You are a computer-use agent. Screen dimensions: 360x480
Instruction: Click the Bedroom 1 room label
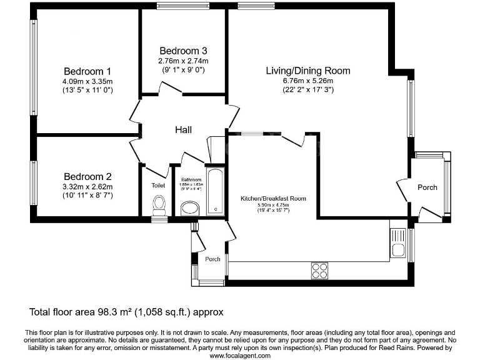click(87, 71)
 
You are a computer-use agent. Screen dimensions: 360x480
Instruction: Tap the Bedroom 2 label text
click(87, 176)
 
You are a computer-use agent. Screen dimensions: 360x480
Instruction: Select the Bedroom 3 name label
click(183, 51)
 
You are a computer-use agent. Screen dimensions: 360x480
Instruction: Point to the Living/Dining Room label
click(307, 71)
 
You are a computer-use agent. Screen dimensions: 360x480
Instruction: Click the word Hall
click(183, 129)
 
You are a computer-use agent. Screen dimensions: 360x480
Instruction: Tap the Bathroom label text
click(191, 179)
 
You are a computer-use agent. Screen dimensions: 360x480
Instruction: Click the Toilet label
click(158, 186)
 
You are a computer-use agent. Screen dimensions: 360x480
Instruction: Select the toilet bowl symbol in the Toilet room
click(159, 204)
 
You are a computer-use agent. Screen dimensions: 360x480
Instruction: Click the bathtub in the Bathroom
click(216, 192)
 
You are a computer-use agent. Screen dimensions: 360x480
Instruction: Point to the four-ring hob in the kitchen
click(319, 270)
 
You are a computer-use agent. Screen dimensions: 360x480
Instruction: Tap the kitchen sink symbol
click(397, 244)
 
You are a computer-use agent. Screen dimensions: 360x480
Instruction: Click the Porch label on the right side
click(427, 187)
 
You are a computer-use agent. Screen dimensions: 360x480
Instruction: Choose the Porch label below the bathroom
click(212, 259)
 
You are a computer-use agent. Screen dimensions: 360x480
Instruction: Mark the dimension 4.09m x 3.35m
click(87, 81)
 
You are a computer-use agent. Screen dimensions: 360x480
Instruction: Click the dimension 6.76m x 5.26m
click(307, 81)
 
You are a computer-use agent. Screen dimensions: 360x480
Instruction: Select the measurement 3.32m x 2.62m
click(87, 186)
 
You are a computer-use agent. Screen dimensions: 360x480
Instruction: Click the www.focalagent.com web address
click(240, 355)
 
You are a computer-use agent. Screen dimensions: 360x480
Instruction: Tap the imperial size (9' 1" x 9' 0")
click(183, 70)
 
